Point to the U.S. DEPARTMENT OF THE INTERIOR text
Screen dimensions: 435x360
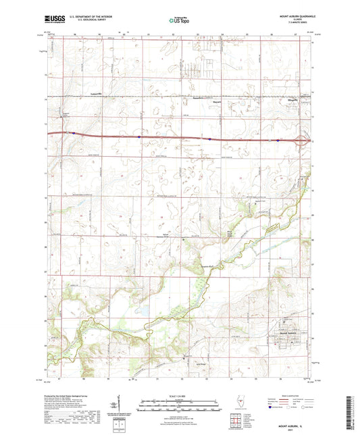click(95, 16)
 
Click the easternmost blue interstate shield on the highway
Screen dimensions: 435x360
click(278, 140)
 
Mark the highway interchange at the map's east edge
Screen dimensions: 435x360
click(305, 140)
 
